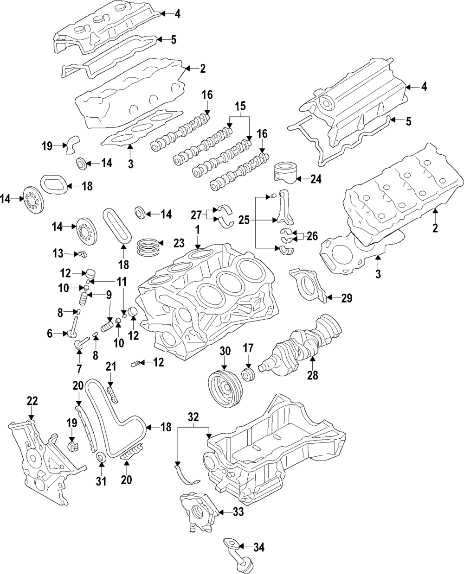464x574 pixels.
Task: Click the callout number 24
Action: coord(316,179)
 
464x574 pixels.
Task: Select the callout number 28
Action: coord(313,375)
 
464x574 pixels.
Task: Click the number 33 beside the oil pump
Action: coord(238,511)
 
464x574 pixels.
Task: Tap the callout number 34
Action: coord(259,547)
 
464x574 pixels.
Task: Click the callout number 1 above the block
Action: coord(198,230)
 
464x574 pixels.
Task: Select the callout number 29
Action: coord(347,298)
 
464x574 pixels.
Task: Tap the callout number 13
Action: coord(58,253)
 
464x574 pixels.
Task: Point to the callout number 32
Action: coord(193,417)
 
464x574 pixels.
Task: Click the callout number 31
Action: coord(101,481)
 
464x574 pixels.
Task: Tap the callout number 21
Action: coord(111,366)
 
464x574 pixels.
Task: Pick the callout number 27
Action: coord(197,215)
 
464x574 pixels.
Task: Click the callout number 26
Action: coord(312,236)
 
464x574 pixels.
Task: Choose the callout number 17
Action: coord(248,348)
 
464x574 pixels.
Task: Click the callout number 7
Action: coord(79,369)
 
